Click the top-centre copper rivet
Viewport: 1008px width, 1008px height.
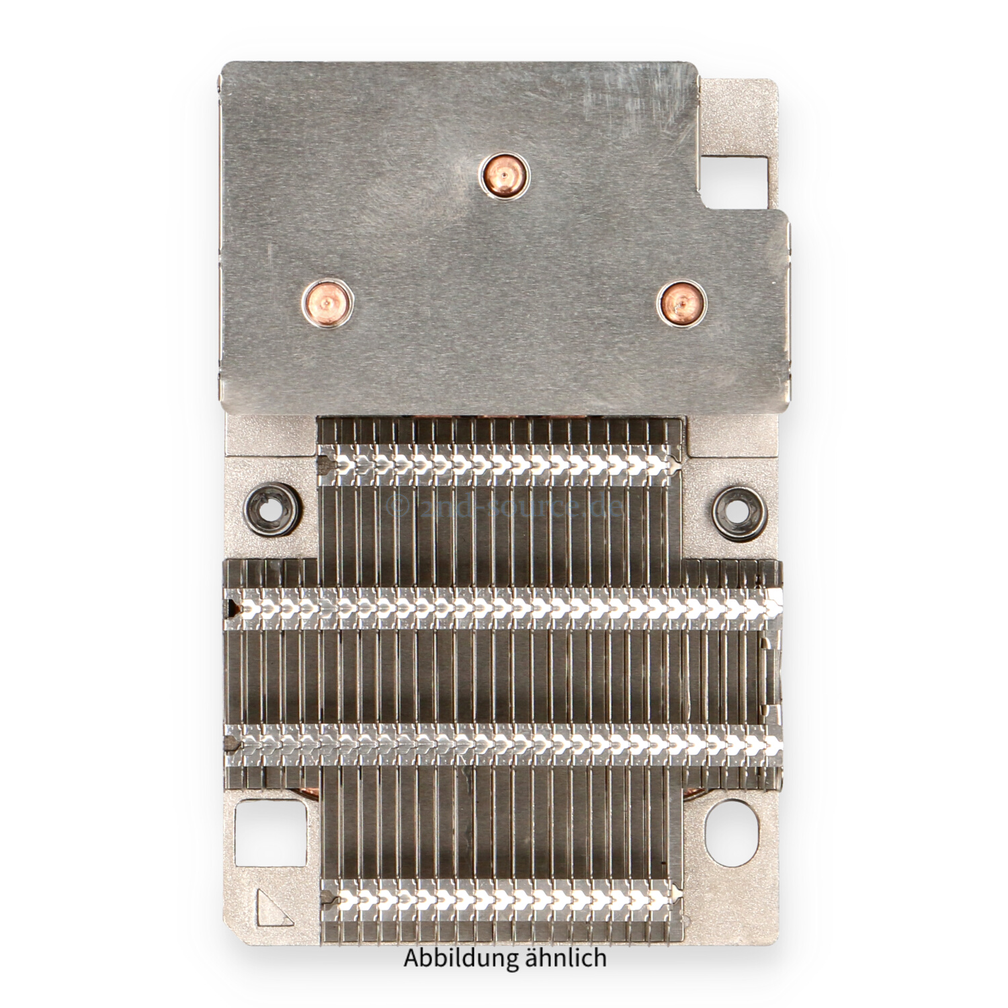(504, 177)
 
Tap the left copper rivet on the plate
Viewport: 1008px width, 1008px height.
(327, 303)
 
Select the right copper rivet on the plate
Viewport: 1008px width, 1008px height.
(681, 304)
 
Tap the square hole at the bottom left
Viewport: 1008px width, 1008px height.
(269, 833)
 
